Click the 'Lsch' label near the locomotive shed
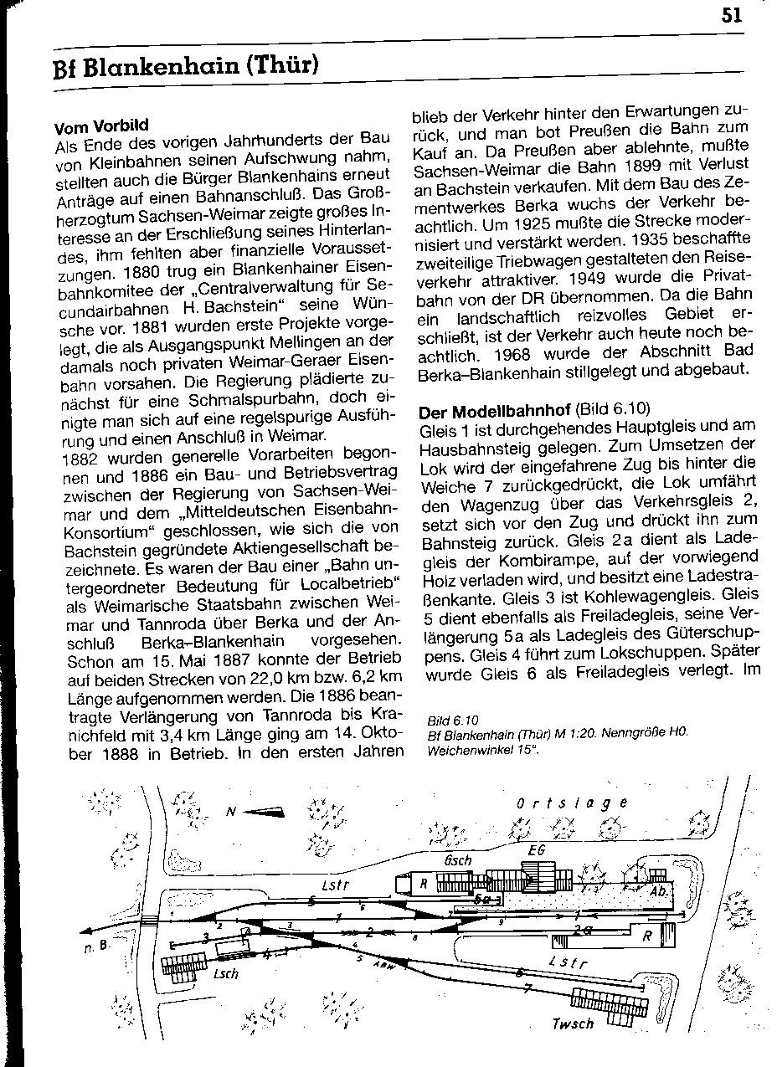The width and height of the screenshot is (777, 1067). (x=226, y=973)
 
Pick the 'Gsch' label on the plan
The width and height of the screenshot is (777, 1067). (x=458, y=860)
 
